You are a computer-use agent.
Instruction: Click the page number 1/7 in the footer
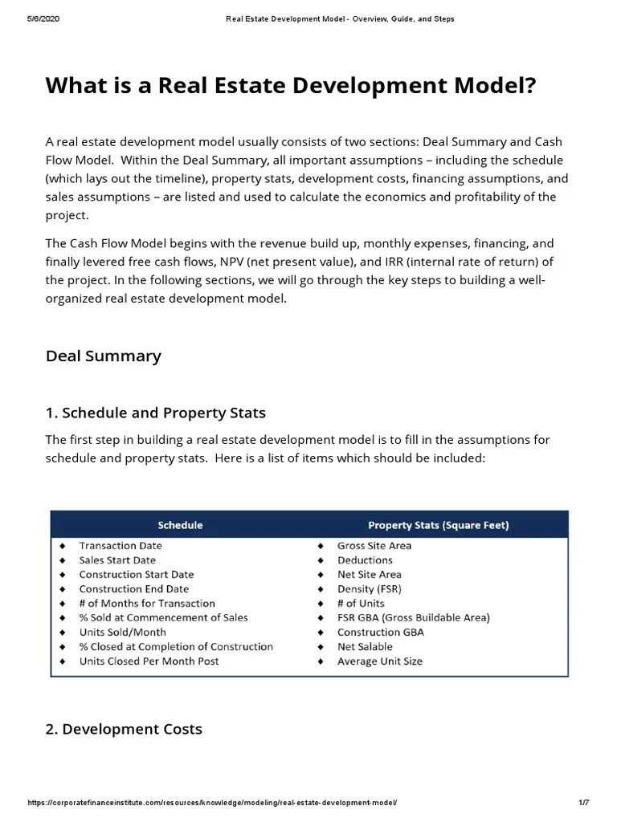(x=584, y=804)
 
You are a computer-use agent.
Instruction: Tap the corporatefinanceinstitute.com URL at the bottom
(x=212, y=804)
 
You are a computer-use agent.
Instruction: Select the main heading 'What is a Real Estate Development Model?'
(x=290, y=86)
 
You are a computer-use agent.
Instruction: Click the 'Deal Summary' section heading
(x=104, y=356)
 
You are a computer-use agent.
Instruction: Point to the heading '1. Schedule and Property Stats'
(x=156, y=413)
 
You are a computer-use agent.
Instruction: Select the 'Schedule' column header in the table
(x=180, y=525)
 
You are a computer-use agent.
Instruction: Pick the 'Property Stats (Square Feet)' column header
(x=438, y=525)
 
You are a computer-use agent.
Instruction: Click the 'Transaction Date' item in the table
(x=120, y=546)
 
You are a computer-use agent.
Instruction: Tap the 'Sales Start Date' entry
(x=117, y=560)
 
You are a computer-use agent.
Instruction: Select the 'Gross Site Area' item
(x=374, y=546)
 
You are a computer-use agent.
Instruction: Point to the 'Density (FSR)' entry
(x=370, y=589)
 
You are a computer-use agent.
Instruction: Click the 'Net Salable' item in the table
(x=365, y=647)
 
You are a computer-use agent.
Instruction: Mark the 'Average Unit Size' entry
(x=379, y=661)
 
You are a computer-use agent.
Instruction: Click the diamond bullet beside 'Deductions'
(x=320, y=560)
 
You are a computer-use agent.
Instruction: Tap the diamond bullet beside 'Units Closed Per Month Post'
(x=62, y=661)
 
